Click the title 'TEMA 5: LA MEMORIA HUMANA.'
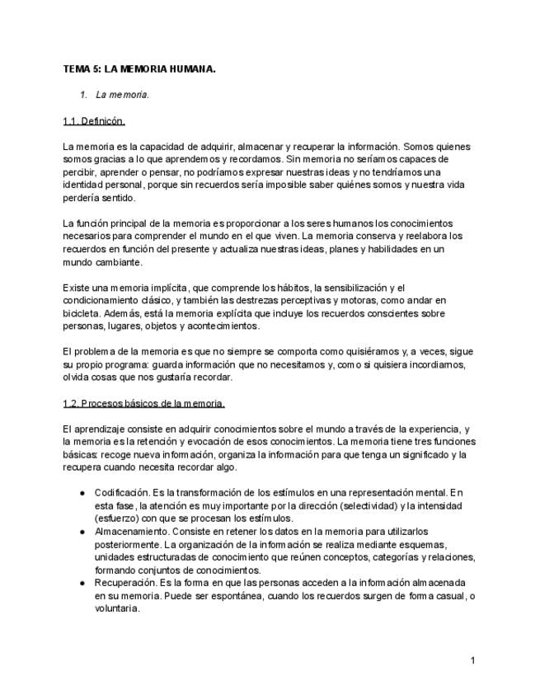(139, 69)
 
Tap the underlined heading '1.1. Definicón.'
(94, 121)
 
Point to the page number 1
(473, 660)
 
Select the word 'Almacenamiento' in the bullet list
(130, 532)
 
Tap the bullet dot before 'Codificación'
(83, 492)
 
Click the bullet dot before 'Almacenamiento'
(83, 532)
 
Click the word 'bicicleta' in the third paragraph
(81, 313)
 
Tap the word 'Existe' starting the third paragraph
(76, 287)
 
